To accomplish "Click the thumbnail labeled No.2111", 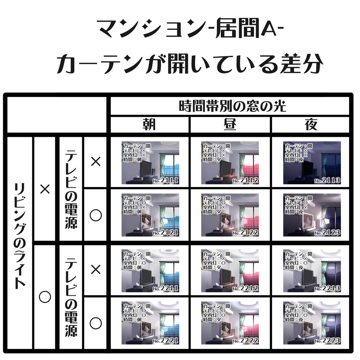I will click(x=150, y=163).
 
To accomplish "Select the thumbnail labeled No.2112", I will click(x=230, y=163).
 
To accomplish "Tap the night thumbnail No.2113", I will click(x=312, y=163).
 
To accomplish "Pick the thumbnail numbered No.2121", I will click(x=150, y=215).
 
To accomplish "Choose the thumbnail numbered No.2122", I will click(x=230, y=215).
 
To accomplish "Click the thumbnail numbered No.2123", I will click(x=312, y=215).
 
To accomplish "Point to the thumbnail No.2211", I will click(x=150, y=271).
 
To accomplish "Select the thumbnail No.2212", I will click(x=230, y=271).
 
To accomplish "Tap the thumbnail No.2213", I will click(x=312, y=271).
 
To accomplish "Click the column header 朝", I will click(x=150, y=125).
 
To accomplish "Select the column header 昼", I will click(x=230, y=125).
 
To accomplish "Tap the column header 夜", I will click(x=311, y=125).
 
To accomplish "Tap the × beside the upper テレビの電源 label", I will click(x=96, y=162).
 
